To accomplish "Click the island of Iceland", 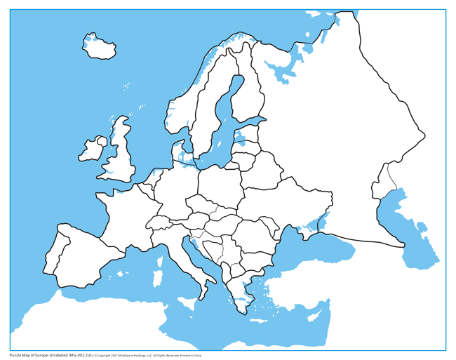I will coord(100,47).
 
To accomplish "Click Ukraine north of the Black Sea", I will coord(288,204).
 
